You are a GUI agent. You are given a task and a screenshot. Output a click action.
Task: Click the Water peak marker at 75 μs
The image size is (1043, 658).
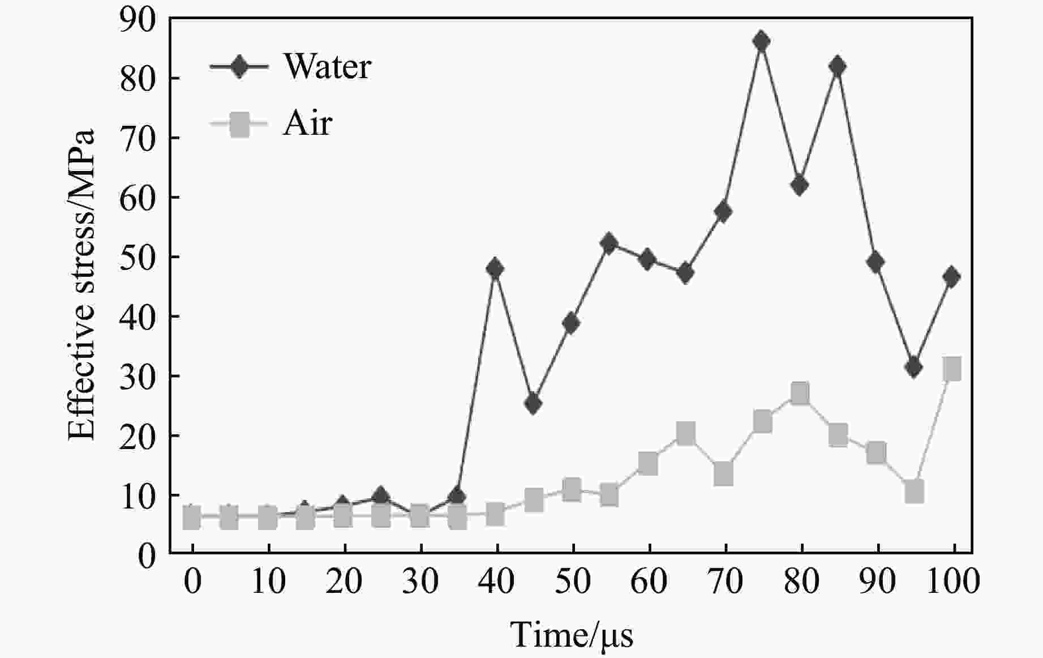[761, 41]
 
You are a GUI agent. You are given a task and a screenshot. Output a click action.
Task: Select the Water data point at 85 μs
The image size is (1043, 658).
[837, 66]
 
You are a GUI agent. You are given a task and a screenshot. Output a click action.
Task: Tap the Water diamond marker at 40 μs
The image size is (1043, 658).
[495, 268]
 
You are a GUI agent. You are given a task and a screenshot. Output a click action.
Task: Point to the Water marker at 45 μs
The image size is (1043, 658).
[533, 404]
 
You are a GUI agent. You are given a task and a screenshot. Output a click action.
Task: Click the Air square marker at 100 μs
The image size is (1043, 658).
[952, 369]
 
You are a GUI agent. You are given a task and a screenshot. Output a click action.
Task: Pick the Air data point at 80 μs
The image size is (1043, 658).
[800, 393]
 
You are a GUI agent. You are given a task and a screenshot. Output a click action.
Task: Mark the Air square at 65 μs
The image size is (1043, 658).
[685, 434]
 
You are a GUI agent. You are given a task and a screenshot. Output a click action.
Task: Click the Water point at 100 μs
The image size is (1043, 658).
[951, 277]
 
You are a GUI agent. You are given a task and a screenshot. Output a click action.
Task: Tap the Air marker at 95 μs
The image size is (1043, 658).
[914, 492]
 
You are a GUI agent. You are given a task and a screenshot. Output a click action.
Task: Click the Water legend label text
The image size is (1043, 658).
[327, 66]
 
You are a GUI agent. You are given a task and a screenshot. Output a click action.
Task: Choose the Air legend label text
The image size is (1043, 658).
[307, 123]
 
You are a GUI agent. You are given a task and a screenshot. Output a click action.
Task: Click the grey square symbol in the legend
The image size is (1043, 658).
[239, 124]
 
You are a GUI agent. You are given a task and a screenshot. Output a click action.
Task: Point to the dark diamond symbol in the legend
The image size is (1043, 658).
[239, 67]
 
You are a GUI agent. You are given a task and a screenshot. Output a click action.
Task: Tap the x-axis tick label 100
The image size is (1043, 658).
[953, 582]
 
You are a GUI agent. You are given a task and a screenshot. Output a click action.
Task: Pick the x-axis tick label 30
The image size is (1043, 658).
[420, 582]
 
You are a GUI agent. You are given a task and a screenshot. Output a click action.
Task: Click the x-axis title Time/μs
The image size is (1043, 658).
[572, 634]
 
